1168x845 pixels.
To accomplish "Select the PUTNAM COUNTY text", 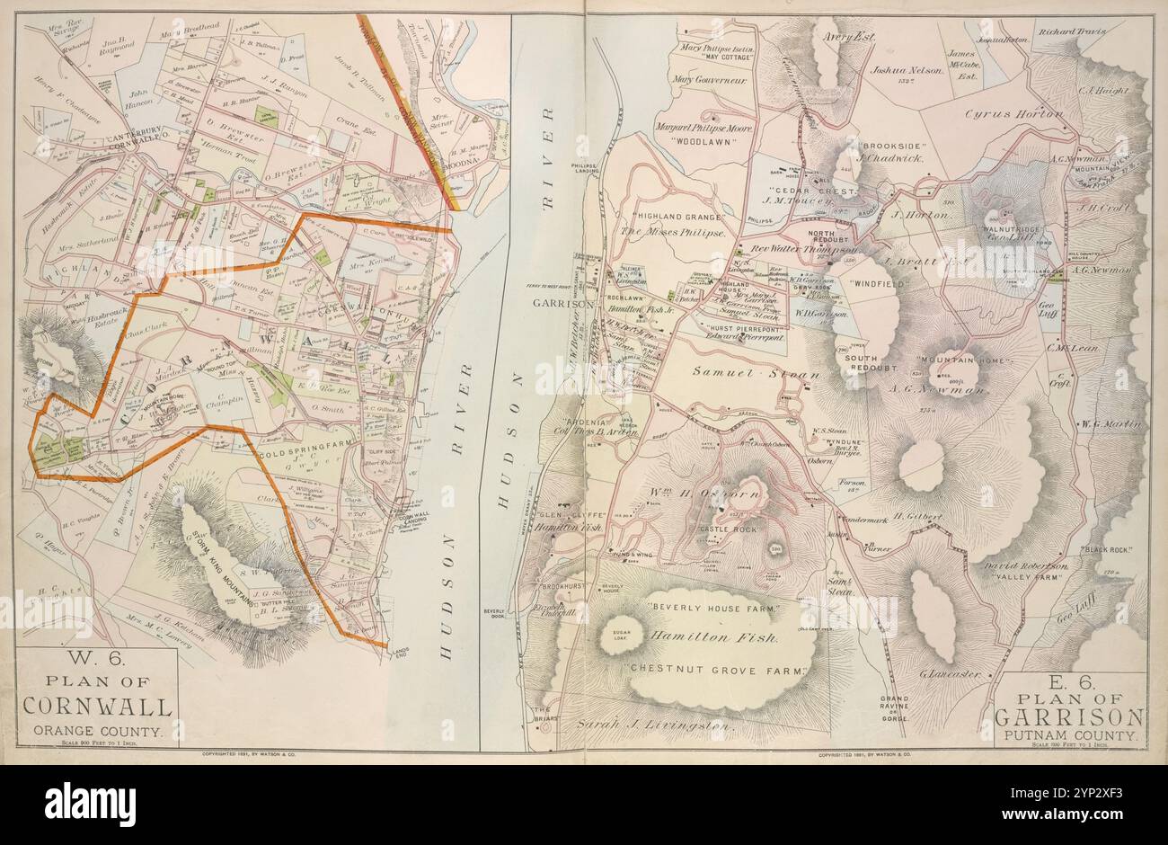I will tap(1069, 734).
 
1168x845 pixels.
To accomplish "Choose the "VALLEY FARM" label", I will tap(1028, 579).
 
